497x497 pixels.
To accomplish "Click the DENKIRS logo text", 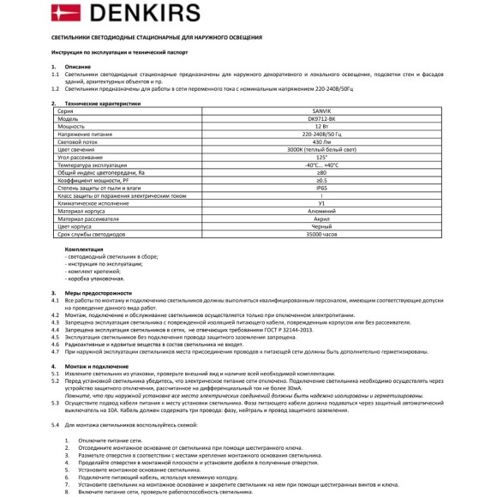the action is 99,15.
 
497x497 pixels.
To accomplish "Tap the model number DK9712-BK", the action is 320,120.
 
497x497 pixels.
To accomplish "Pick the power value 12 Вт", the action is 320,128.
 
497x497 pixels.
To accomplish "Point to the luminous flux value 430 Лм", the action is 320,143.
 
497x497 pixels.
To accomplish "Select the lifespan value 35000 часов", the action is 320,233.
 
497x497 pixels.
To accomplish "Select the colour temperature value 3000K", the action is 320,151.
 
